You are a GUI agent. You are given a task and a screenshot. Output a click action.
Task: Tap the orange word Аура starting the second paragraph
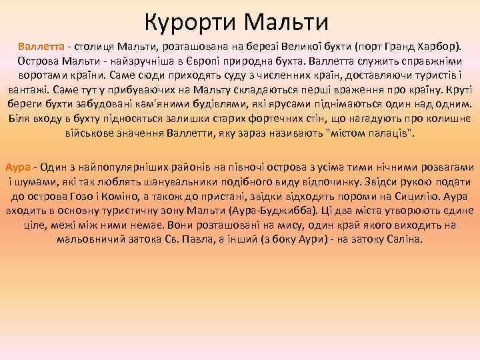pos(17,166)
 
